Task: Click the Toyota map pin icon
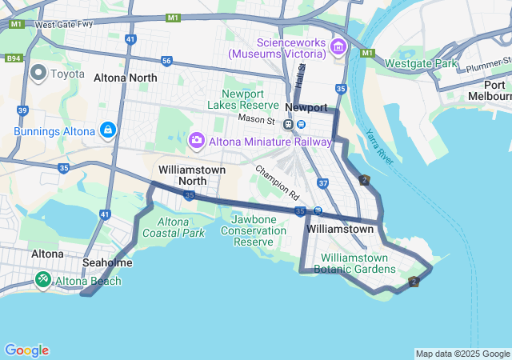(38, 74)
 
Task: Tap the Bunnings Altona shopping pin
(108, 129)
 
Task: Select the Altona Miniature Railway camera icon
(196, 141)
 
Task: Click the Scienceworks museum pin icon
(338, 47)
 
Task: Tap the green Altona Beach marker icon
(42, 280)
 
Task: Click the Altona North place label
(126, 78)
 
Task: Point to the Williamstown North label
(192, 175)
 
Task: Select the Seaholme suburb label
(107, 262)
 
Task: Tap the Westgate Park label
(421, 63)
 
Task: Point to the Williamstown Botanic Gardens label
(354, 264)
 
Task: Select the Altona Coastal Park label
(173, 227)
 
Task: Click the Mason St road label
(256, 120)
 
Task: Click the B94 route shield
(14, 58)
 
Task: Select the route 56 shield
(166, 61)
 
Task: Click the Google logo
(26, 350)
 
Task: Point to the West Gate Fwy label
(64, 25)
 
